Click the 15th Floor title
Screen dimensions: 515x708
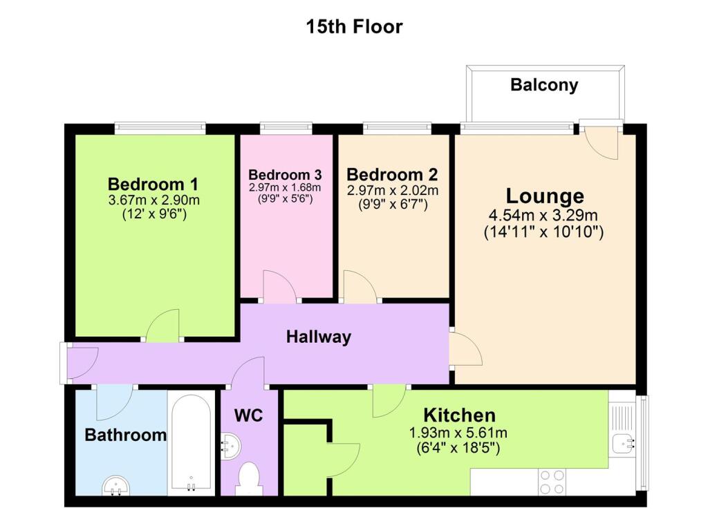(x=354, y=27)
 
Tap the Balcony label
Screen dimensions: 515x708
(x=544, y=85)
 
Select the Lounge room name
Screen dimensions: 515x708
(x=545, y=196)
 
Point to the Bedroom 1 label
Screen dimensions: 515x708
(x=153, y=185)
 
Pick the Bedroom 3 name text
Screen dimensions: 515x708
(x=285, y=174)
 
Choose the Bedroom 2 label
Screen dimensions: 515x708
(x=392, y=174)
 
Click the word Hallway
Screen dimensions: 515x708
(x=319, y=337)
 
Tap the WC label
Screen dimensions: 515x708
(x=248, y=416)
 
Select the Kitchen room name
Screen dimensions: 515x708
(x=459, y=415)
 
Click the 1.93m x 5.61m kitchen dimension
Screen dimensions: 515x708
(x=459, y=434)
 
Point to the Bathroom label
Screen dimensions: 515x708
(x=125, y=436)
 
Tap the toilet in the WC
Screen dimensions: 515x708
(x=248, y=478)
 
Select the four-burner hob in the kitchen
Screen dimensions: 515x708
(x=552, y=480)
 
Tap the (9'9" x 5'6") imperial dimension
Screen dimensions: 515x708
(x=285, y=198)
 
